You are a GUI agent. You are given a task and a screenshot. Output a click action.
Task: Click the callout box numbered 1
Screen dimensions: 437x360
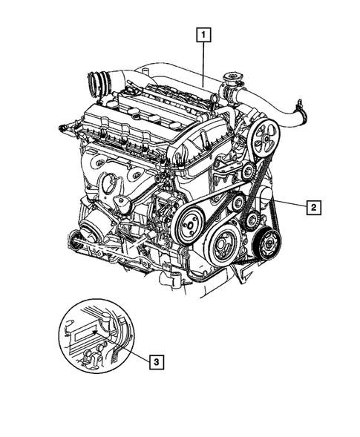tap(202, 33)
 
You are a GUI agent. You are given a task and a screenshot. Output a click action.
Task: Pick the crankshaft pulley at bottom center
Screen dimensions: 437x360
tap(223, 245)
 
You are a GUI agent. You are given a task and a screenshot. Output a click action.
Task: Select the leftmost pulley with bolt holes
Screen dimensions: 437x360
tap(191, 220)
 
